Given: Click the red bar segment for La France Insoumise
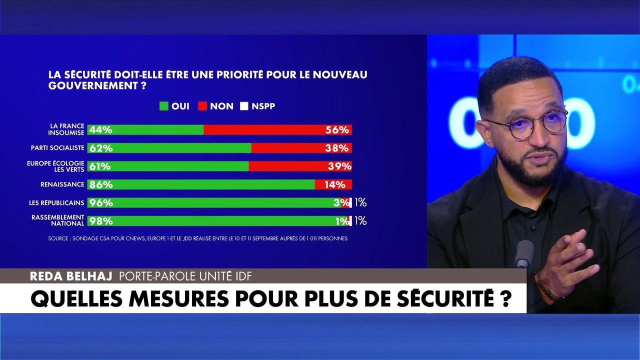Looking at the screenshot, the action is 277,129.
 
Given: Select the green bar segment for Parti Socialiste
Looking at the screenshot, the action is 169,148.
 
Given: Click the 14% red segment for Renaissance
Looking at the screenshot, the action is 333,184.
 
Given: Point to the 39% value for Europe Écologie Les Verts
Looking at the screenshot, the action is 339,166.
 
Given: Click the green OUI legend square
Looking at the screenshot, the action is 163,106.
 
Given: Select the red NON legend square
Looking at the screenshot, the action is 202,106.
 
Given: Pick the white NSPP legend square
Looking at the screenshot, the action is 244,106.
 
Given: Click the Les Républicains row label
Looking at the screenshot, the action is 56,202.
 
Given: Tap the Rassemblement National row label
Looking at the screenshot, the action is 58,220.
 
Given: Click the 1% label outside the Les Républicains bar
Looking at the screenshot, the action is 360,202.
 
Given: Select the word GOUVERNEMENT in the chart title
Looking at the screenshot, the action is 93,85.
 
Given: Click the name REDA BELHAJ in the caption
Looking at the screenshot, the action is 71,276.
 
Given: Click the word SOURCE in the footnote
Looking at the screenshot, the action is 58,238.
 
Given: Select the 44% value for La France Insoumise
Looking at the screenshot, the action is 101,130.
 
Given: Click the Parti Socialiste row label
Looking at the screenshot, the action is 57,147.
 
